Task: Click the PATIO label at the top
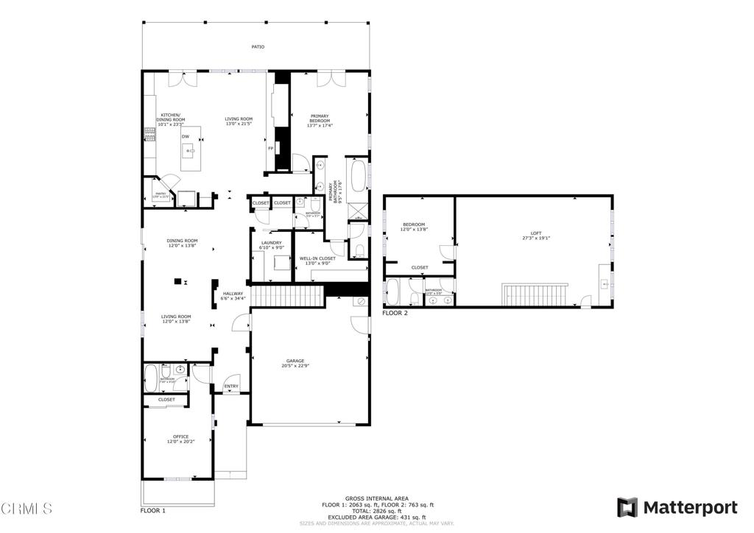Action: (257, 47)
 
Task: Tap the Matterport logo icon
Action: (627, 507)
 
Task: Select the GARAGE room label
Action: (295, 361)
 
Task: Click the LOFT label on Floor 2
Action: (535, 233)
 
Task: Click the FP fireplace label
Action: (271, 149)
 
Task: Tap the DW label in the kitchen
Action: (186, 137)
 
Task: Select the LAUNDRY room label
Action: (271, 243)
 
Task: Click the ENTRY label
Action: (231, 386)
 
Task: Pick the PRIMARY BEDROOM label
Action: (320, 116)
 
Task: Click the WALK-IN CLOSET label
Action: (317, 258)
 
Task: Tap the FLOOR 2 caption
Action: (395, 313)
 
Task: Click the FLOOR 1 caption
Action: (153, 510)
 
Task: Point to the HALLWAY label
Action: (233, 294)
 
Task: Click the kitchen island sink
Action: (190, 153)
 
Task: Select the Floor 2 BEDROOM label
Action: (414, 225)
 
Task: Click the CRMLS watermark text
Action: (27, 508)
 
